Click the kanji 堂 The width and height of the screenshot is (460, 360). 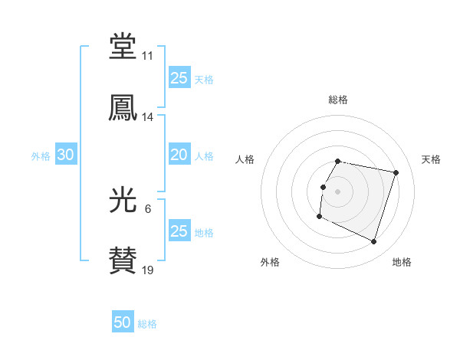point(123,45)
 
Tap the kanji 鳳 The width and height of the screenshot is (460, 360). point(123,107)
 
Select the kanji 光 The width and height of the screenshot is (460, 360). point(123,200)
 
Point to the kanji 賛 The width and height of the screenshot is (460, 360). point(123,261)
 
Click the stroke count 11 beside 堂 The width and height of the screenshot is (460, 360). point(147,56)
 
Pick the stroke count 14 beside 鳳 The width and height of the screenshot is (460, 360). point(147,117)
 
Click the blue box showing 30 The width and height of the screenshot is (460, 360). point(66,155)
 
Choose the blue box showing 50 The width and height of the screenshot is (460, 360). point(123,323)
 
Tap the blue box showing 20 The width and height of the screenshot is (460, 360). point(179,155)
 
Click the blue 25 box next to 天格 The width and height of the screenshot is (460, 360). point(179,78)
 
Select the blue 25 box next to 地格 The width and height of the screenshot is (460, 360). point(179,231)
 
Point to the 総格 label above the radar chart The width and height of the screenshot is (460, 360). point(337,100)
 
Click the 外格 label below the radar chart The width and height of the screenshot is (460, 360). point(270,262)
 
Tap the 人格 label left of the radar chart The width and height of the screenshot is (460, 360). point(245,159)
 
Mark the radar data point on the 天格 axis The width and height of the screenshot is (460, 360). point(396,172)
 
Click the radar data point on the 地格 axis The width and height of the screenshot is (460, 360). point(373,242)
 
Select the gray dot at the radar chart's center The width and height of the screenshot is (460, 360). point(337,191)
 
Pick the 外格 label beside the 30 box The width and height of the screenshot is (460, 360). point(41,155)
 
